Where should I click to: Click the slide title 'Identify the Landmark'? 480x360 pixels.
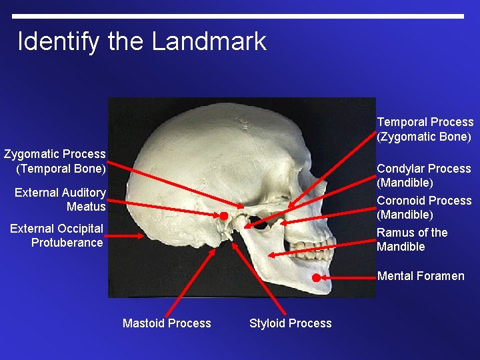click(x=141, y=41)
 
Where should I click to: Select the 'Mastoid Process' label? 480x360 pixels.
click(x=167, y=323)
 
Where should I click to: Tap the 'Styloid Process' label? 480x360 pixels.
click(x=290, y=323)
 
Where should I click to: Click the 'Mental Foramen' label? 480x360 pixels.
click(x=421, y=276)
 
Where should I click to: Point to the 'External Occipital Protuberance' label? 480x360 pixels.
click(x=57, y=236)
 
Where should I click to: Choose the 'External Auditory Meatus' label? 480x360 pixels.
click(x=60, y=199)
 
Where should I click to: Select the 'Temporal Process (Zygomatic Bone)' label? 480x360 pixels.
click(x=425, y=129)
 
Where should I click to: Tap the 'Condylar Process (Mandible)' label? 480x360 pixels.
click(x=424, y=175)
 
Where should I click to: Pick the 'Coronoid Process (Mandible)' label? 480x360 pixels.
click(x=424, y=207)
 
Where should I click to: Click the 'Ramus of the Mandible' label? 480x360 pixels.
click(x=412, y=239)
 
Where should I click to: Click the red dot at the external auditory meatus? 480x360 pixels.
click(x=224, y=216)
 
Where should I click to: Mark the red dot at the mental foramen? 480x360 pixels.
click(x=316, y=277)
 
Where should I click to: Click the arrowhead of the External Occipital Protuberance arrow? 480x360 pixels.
click(x=142, y=236)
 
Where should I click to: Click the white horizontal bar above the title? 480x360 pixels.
click(x=237, y=16)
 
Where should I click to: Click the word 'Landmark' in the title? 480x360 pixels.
click(x=209, y=41)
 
